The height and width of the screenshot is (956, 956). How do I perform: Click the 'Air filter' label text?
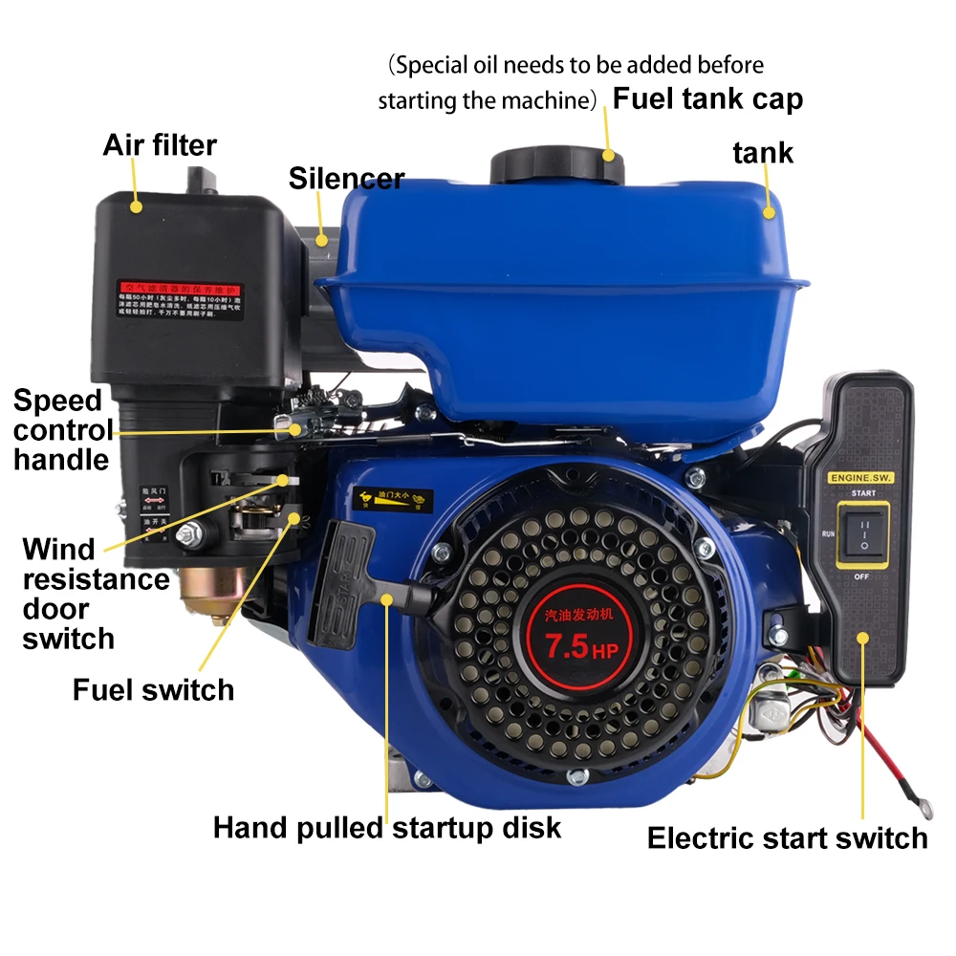[160, 145]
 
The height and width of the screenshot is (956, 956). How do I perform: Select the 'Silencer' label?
[346, 178]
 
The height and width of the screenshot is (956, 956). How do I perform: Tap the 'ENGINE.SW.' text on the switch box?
[858, 475]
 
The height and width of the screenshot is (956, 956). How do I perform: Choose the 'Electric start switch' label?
[787, 838]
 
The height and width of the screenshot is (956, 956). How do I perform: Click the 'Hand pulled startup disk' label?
[387, 827]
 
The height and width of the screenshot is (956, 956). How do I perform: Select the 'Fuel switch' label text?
[153, 689]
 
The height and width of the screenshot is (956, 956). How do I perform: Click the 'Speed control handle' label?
[61, 429]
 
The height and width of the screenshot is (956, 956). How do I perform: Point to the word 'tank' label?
[763, 151]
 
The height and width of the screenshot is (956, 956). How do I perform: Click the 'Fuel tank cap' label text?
[707, 98]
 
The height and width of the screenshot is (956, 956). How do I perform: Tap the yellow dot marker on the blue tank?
[769, 211]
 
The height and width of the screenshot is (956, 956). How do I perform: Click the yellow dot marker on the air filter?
[136, 206]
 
